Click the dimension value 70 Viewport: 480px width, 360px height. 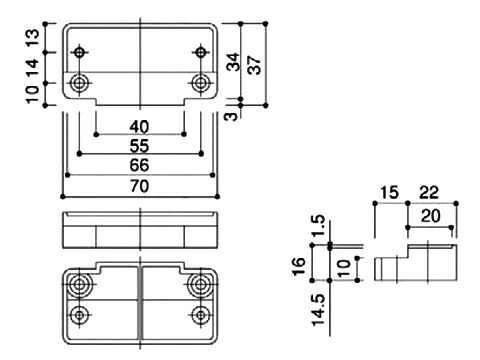[139, 186]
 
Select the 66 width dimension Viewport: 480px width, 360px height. [139, 165]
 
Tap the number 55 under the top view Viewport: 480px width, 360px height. [139, 146]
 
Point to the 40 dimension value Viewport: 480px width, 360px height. [139, 127]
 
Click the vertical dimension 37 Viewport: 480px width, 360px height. [255, 64]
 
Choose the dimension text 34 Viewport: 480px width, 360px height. [233, 62]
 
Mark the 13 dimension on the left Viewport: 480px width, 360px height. [33, 38]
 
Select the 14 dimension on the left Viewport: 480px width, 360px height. [33, 68]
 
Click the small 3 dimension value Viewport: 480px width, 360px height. [232, 116]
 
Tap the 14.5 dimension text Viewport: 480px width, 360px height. [318, 310]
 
